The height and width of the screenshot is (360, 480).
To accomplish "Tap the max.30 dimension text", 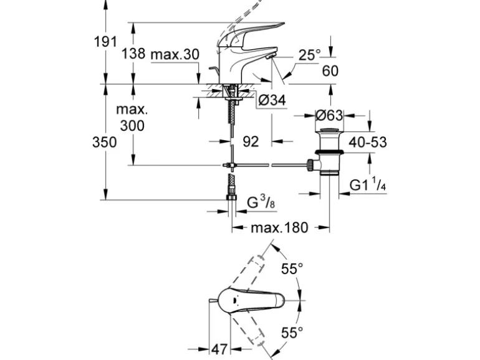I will click(x=175, y=54).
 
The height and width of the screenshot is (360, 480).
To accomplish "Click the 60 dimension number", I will click(x=330, y=71).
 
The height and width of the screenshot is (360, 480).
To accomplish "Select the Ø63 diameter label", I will click(x=330, y=115).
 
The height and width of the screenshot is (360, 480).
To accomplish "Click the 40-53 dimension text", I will click(x=368, y=142).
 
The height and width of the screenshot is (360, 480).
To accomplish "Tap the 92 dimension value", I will click(x=250, y=142).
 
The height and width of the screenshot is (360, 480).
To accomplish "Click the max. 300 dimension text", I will click(x=132, y=118).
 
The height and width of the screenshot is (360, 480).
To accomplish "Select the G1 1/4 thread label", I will click(x=368, y=186).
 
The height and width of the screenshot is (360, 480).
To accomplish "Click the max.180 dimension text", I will click(x=279, y=228).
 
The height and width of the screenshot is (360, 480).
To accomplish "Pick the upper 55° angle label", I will click(x=292, y=269).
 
